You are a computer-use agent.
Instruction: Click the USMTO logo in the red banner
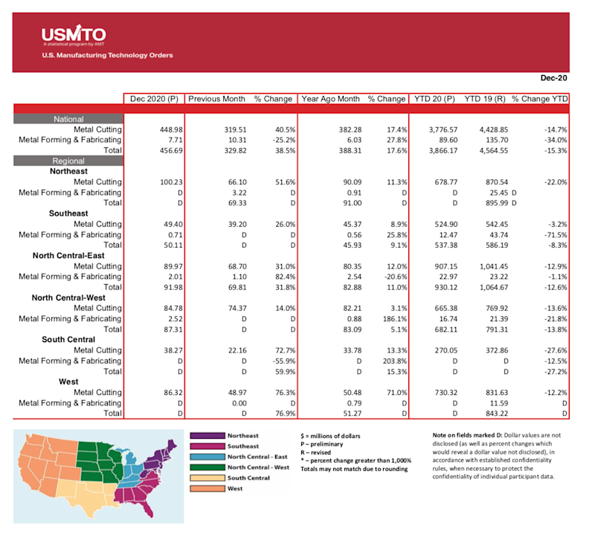coord(73,35)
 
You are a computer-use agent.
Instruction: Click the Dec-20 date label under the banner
coord(553,77)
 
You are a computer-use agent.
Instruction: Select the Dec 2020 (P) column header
coord(154,99)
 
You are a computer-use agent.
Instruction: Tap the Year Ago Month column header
coord(330,99)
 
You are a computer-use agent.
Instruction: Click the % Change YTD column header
coord(540,99)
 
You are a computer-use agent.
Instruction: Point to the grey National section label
coord(68,119)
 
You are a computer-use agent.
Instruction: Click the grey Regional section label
coord(68,161)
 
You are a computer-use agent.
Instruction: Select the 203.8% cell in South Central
coord(390,361)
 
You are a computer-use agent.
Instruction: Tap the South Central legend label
coord(249,478)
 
